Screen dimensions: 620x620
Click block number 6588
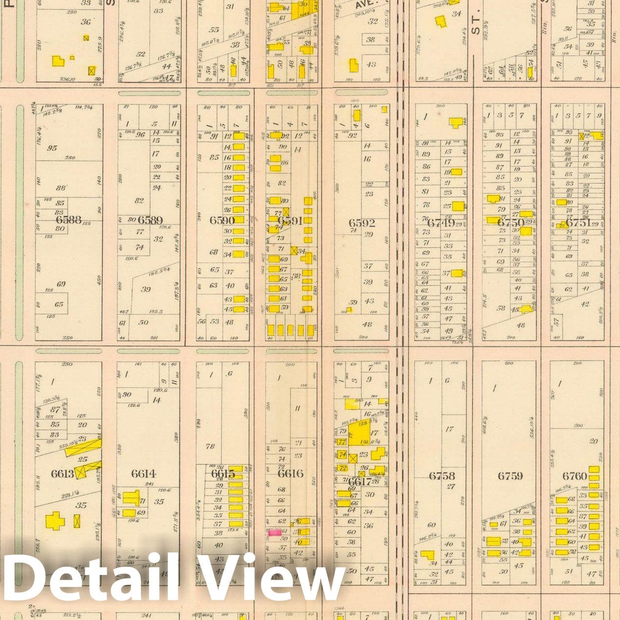tap(68, 220)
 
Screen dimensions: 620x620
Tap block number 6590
tap(222, 220)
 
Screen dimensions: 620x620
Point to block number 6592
tap(362, 223)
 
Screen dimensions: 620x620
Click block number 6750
tap(510, 223)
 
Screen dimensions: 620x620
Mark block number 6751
tap(577, 223)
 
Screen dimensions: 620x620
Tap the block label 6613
tap(63, 473)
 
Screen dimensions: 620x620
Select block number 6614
tap(143, 473)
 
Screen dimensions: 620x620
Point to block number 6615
tap(223, 473)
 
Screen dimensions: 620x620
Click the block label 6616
tap(290, 473)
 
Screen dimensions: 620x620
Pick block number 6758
tap(442, 476)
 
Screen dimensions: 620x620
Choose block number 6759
tap(510, 476)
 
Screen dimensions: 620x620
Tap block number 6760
tap(575, 476)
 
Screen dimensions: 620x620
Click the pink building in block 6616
tap(274, 532)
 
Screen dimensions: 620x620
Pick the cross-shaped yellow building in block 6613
tap(55, 521)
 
